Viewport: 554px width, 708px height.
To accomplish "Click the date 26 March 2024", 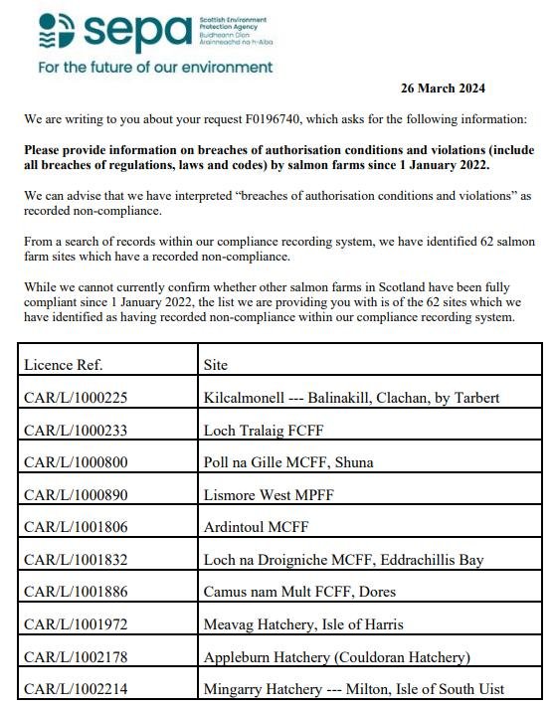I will click(x=443, y=88).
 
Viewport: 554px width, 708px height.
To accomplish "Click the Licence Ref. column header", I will click(x=63, y=365).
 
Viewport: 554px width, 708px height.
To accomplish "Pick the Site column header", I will click(x=215, y=365).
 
